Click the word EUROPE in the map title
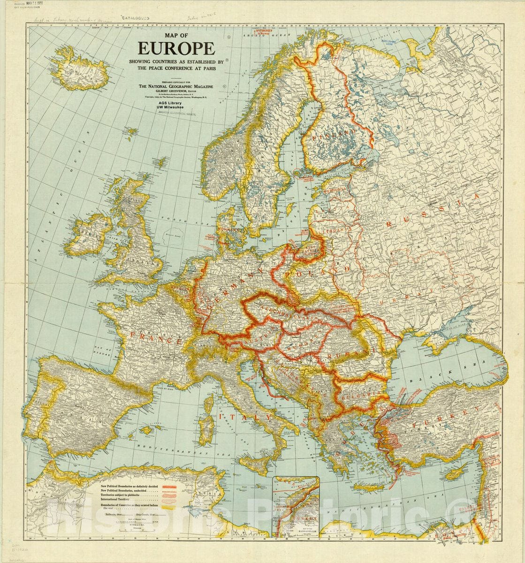[176, 49]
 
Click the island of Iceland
[76, 68]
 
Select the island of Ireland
[91, 234]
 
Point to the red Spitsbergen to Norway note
[259, 36]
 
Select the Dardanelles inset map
[296, 506]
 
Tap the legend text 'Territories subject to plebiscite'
[128, 496]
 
